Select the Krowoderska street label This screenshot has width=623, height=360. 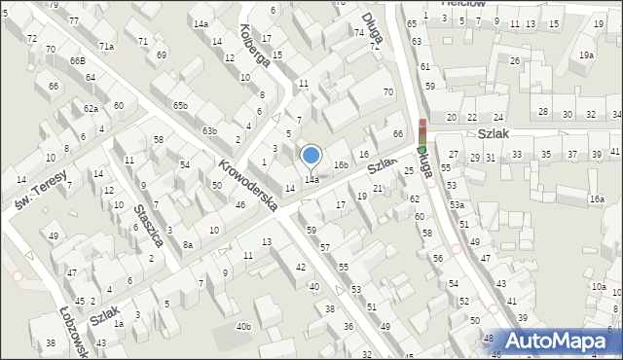pos(248,185)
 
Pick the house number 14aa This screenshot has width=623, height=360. pos(311,180)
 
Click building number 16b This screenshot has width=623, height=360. pos(341,165)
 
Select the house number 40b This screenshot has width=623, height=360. pos(243,326)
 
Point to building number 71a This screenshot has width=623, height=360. pos(106,46)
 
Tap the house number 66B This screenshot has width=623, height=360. pos(77,61)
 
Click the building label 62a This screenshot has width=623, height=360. pos(91,109)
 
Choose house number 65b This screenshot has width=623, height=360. pos(180,105)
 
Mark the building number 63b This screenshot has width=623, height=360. pos(209,130)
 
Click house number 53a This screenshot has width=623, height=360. pos(457,205)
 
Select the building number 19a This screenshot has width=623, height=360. pos(586,55)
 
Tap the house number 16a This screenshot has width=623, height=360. pos(596,198)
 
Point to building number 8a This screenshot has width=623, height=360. pos(188,244)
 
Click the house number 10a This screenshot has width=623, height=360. pos(598,287)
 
